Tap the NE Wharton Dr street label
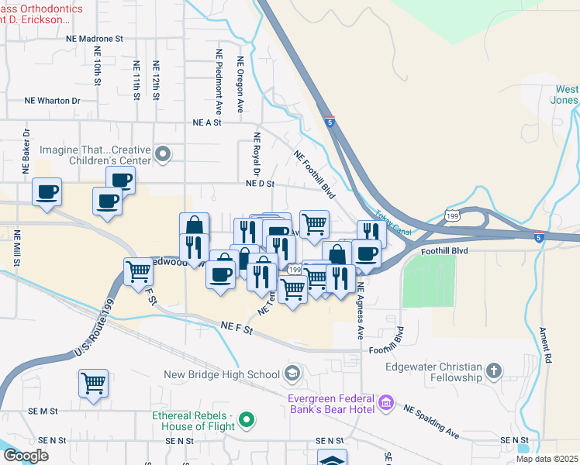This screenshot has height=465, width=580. point(53,101)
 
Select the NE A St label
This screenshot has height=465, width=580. point(207,122)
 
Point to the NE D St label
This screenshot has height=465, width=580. point(261,184)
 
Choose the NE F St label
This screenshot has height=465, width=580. point(236,329)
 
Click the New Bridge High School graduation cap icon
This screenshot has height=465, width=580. point(292,374)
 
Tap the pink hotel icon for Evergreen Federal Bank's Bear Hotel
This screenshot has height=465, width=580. point(386,404)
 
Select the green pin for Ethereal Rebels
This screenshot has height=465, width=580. point(247,421)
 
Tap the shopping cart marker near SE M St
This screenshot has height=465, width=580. point(93,384)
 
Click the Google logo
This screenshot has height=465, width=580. point(26,456)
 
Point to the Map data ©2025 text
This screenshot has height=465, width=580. point(546,459)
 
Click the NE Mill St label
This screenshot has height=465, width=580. point(16,247)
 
